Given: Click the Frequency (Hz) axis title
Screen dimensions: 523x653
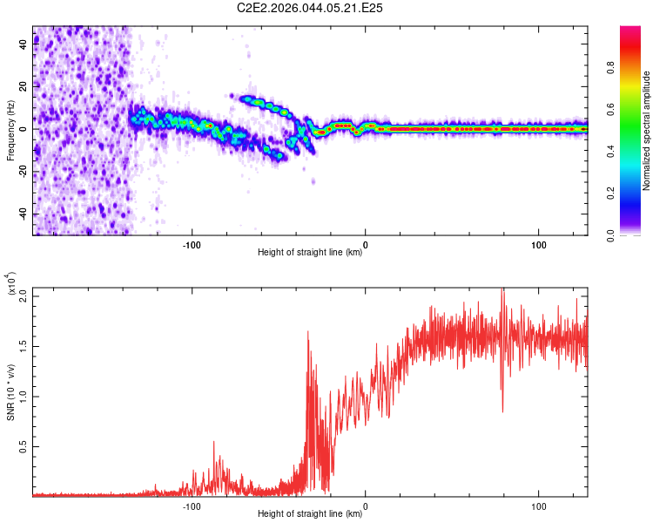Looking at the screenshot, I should click(x=10, y=131).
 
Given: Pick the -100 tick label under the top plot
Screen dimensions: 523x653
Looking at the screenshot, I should click(x=192, y=244).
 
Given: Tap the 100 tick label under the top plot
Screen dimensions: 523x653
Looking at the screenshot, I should click(x=538, y=244).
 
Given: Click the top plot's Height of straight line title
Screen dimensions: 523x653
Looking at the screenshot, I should click(x=310, y=253).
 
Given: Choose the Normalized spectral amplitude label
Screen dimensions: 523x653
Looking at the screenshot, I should click(x=647, y=131).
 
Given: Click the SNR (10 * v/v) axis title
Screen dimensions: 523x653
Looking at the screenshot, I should click(x=10, y=391).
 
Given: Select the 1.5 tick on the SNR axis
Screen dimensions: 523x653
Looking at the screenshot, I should click(x=24, y=345).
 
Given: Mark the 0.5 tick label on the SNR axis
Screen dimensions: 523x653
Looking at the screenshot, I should click(x=24, y=446).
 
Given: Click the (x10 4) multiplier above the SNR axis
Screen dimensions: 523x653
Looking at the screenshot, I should click(x=10, y=284).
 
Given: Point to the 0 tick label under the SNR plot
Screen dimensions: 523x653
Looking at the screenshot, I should click(x=365, y=506).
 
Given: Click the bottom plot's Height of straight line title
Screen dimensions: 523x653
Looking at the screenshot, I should click(x=310, y=514).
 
